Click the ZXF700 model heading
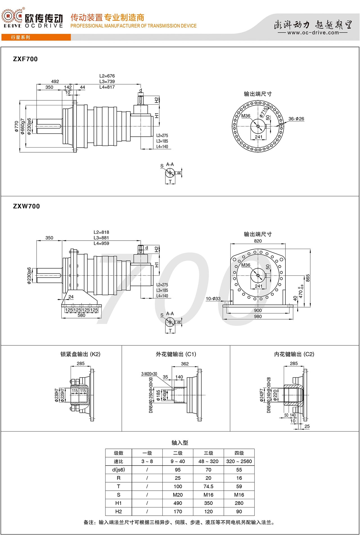25,59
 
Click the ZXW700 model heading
26,206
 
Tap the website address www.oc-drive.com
313,33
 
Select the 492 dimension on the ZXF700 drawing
55,81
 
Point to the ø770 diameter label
17,126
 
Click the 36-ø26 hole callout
296,119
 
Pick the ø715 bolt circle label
264,112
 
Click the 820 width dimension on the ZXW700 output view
258,241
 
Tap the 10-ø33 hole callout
213,299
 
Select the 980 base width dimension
258,316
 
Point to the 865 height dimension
308,278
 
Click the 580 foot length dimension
81,315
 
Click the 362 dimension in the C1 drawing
185,364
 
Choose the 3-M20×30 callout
149,374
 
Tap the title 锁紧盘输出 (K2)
80,354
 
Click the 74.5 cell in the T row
208,486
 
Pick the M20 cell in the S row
178,495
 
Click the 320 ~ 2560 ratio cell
239,461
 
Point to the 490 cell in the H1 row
178,503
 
